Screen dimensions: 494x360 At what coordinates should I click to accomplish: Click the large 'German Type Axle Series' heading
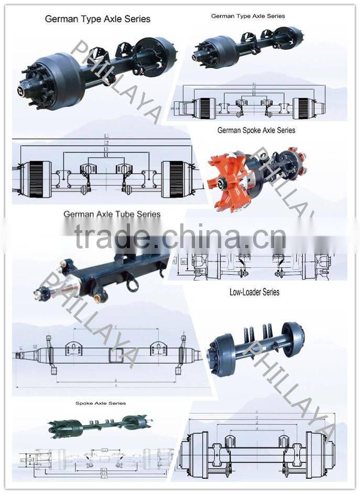coord(97,19)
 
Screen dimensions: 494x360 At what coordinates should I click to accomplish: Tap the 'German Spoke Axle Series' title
coord(256,130)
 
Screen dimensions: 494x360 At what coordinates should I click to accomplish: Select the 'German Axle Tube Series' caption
coord(112,214)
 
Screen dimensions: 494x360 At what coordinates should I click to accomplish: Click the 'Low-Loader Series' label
coord(254,292)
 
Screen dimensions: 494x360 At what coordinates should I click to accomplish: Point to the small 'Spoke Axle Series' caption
coord(100,403)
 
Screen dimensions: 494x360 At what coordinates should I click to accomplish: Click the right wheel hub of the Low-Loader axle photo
coord(292,339)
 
